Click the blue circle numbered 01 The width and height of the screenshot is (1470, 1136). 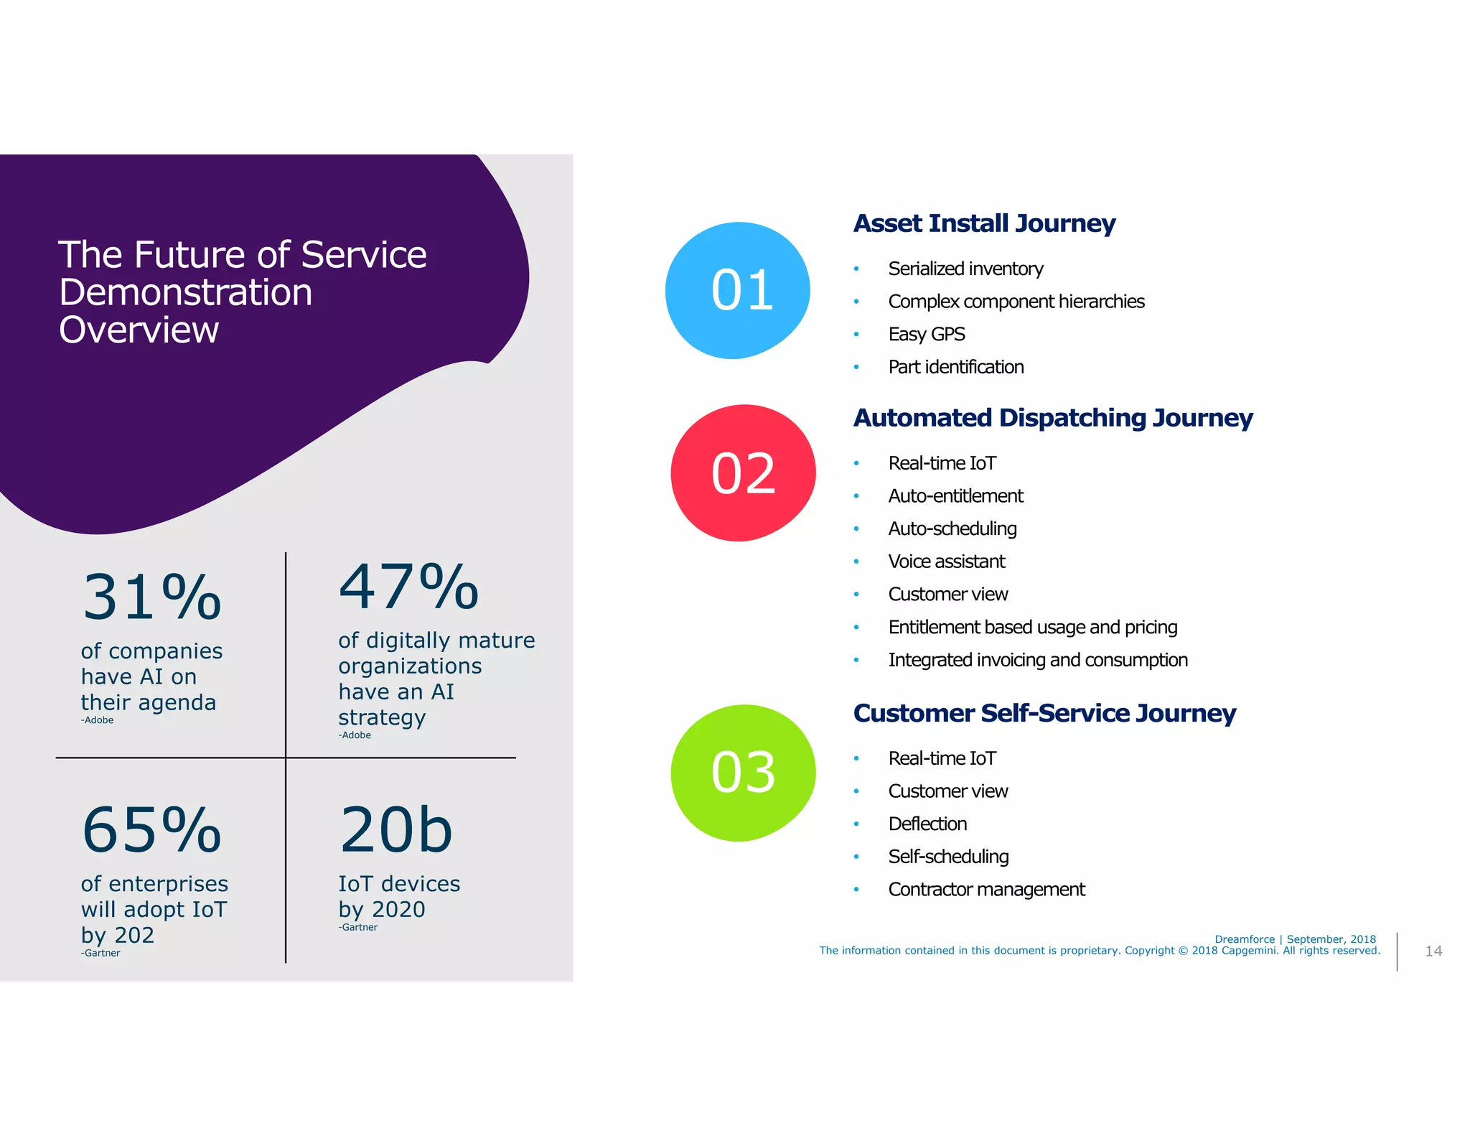pyautogui.click(x=738, y=290)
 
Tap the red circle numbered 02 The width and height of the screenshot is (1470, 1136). pyautogui.click(x=743, y=473)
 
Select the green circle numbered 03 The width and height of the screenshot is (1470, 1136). pyautogui.click(x=743, y=773)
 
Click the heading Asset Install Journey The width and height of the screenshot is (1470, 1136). pyautogui.click(x=984, y=223)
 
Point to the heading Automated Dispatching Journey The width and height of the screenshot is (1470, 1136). pyautogui.click(x=1053, y=418)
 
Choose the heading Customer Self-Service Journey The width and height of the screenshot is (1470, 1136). pyautogui.click(x=1044, y=713)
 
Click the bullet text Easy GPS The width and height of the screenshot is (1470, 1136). pyautogui.click(x=927, y=335)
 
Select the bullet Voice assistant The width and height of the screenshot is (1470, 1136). pyautogui.click(x=947, y=562)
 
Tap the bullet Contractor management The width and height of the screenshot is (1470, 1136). pyautogui.click(x=986, y=890)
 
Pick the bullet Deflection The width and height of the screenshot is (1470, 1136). pyautogui.click(x=927, y=824)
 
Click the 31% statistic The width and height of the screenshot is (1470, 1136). pyautogui.click(x=151, y=597)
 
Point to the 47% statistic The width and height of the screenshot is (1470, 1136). pyautogui.click(x=408, y=587)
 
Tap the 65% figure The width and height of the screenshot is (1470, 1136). pyautogui.click(x=151, y=830)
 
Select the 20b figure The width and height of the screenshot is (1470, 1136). pyautogui.click(x=396, y=830)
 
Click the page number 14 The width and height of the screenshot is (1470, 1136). pyautogui.click(x=1433, y=951)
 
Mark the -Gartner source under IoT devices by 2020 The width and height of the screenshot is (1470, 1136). pyautogui.click(x=358, y=928)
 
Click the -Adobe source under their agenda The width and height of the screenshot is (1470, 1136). pyautogui.click(x=98, y=720)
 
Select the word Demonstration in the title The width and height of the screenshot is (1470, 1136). pyautogui.click(x=186, y=293)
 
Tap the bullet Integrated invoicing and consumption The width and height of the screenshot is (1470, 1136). pyautogui.click(x=1038, y=660)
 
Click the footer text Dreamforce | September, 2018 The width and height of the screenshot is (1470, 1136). pyautogui.click(x=1295, y=939)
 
